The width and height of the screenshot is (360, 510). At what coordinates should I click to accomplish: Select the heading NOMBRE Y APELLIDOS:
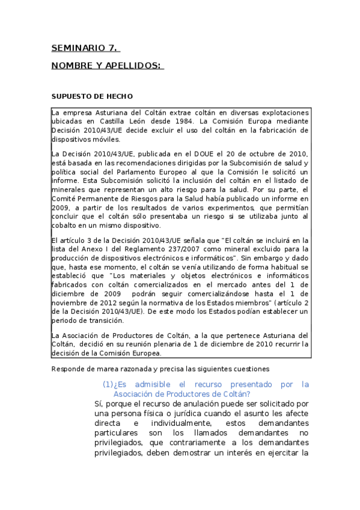click(107, 65)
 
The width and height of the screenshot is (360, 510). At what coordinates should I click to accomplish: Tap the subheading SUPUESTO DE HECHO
click(92, 96)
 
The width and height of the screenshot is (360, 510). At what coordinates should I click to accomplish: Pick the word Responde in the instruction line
click(68, 368)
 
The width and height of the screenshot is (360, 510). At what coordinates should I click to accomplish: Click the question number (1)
click(108, 384)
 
